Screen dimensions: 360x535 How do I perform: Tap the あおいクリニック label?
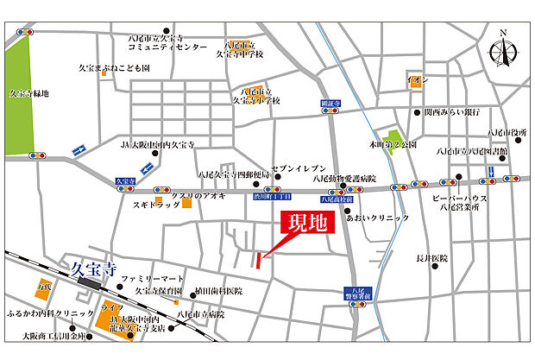tap(377, 218)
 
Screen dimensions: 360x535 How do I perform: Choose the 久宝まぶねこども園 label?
tap(114, 66)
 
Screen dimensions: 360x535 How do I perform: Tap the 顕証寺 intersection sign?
tap(331, 103)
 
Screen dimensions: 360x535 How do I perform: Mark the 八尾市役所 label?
tap(507, 132)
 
